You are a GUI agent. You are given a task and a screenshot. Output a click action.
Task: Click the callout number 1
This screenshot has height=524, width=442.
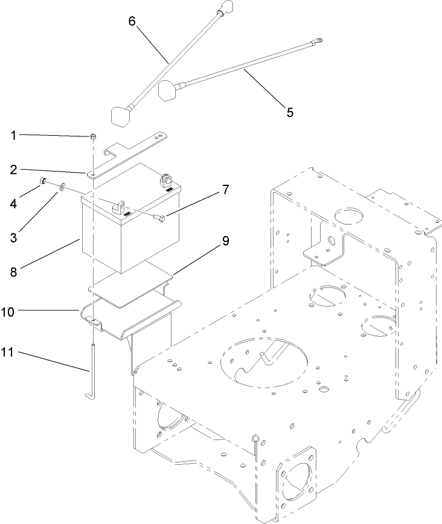pyautogui.click(x=14, y=135)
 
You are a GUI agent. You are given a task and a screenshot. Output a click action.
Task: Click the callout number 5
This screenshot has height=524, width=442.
pyautogui.click(x=289, y=112)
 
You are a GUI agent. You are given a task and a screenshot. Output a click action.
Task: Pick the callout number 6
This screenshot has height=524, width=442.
pyautogui.click(x=132, y=20)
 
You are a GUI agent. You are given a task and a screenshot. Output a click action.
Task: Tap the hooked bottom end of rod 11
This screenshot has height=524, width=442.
pyautogui.click(x=89, y=395)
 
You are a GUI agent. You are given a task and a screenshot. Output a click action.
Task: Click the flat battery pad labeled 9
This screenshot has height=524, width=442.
pyautogui.click(x=130, y=287)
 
